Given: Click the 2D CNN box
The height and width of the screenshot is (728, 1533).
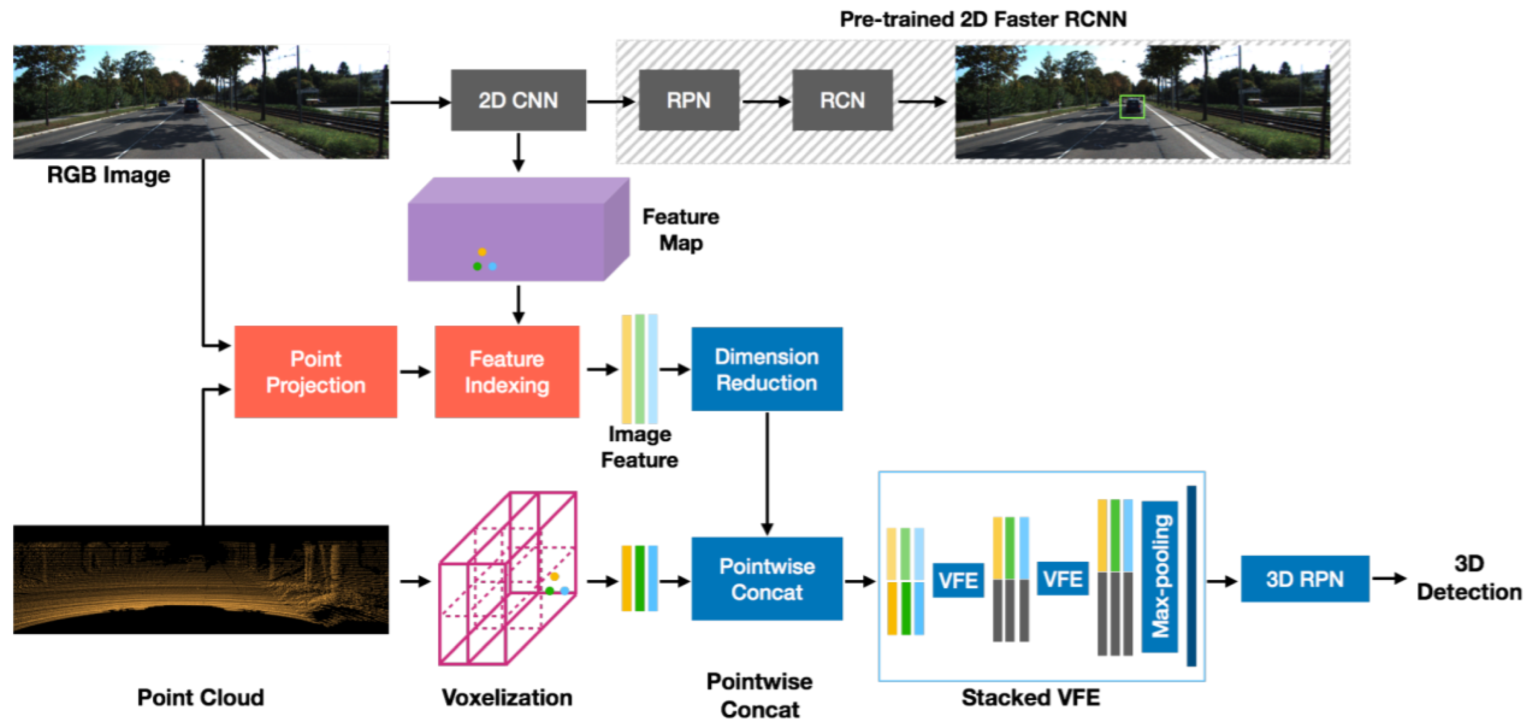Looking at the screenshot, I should pos(518,100).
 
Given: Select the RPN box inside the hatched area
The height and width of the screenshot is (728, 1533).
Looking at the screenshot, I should pos(689,100).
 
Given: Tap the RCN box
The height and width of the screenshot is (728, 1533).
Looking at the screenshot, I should pos(842,100).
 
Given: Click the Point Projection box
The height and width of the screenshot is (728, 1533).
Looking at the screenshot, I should pos(315,372).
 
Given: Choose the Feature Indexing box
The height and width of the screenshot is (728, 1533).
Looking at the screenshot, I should pos(506,372).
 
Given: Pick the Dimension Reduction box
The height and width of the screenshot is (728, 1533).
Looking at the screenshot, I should pos(766,369).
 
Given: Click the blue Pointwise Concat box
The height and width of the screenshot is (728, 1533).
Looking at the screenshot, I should pos(766,579).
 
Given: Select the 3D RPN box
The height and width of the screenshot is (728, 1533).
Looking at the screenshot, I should pos(1304,579).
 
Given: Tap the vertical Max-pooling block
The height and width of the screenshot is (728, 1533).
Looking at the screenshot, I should pos(1159,576).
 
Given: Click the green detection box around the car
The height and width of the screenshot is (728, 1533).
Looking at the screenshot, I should pos(1131,107).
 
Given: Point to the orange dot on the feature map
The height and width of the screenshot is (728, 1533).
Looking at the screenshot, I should pos(482,252).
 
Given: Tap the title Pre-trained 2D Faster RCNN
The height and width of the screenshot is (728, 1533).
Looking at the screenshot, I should pos(983,19).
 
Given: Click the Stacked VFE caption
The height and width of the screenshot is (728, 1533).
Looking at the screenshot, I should pos(1030,697).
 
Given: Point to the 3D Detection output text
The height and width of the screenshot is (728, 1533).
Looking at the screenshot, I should pos(1468,577).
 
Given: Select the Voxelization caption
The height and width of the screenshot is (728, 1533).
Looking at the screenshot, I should pos(506,697).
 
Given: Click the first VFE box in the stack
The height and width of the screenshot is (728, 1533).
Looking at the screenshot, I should pos(957,579).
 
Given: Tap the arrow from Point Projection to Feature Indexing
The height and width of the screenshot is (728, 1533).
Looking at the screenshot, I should pos(415,372).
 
